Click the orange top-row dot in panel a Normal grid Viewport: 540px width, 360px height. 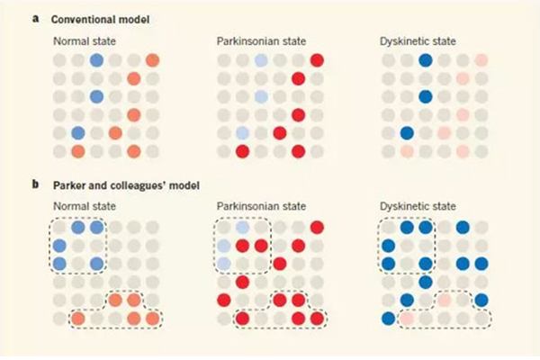coord(152,61)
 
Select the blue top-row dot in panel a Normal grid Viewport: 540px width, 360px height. coord(96,61)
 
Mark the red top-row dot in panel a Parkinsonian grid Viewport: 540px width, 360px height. coord(317,61)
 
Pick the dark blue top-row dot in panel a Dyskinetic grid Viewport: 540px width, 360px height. coord(425,61)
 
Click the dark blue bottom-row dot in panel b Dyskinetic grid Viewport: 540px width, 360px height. coord(389,318)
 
